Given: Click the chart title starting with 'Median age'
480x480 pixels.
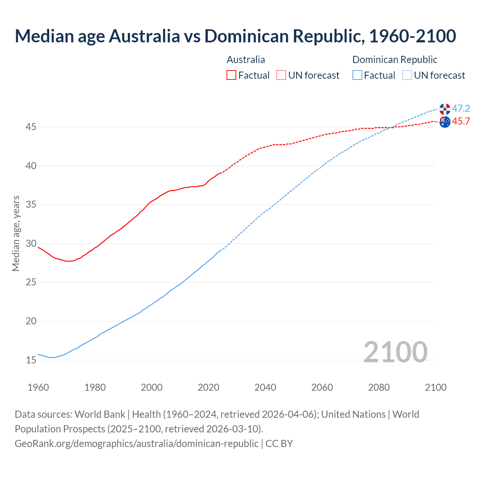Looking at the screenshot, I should [235, 36].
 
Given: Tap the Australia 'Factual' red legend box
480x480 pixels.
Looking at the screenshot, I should [231, 75].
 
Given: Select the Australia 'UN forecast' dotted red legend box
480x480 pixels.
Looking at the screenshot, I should [281, 75].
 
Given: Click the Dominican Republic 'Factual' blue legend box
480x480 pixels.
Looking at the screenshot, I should [357, 75].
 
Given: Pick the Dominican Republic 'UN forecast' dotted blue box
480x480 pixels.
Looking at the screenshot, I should [407, 75].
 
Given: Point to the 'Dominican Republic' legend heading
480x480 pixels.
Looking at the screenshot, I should [394, 60].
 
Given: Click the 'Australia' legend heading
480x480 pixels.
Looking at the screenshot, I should [246, 60].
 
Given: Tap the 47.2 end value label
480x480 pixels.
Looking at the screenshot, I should [461, 109].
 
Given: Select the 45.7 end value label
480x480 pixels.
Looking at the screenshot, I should [461, 121].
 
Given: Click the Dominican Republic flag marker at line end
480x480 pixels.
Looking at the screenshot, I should [445, 109].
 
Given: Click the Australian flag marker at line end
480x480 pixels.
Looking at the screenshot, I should [445, 122].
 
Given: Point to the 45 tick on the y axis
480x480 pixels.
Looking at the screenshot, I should [31, 127].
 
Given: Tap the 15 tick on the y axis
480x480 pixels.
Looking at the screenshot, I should [31, 360].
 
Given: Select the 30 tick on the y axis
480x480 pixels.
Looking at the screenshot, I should [31, 244].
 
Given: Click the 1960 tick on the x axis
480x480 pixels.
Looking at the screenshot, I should [38, 387].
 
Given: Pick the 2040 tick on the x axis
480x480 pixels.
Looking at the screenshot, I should [265, 387].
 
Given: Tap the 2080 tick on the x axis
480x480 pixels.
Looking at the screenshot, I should [379, 387].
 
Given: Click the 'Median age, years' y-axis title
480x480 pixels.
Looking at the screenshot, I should [16, 233].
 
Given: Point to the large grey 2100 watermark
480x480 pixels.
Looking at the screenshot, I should [395, 352].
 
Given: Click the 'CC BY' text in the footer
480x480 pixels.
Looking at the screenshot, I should [279, 444].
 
